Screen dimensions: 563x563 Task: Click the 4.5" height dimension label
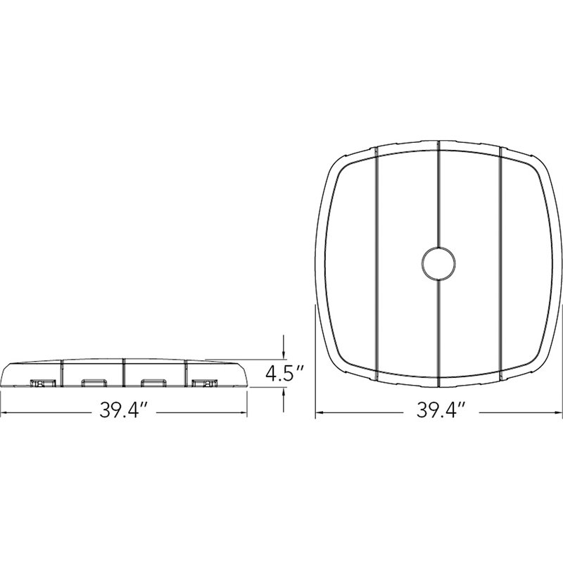285,374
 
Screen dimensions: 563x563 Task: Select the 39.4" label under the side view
125,410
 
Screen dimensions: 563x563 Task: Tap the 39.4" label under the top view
441,410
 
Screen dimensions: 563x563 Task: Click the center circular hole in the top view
438,262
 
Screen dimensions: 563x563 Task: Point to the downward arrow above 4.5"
284,347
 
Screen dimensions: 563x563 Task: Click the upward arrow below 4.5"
284,400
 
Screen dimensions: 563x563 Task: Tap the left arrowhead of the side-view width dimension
4,413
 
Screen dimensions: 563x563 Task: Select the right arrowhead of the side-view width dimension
243,413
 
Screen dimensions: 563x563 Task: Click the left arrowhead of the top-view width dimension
320,413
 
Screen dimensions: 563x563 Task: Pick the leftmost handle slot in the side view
43,383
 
